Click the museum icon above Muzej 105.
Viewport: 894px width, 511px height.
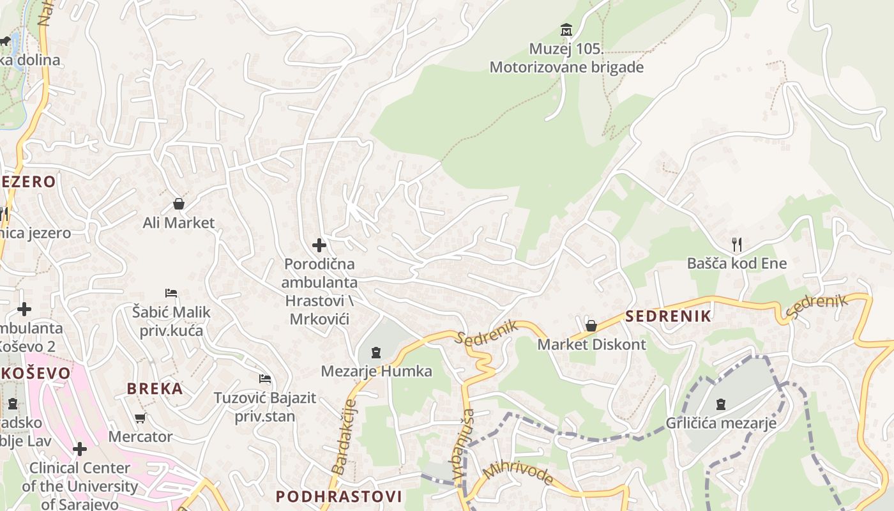click(x=566, y=29)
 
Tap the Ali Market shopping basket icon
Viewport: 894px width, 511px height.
click(x=179, y=204)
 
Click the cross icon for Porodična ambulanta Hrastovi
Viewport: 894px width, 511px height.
click(x=319, y=245)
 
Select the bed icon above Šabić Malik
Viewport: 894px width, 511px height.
click(x=170, y=293)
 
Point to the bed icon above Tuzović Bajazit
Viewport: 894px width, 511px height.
click(x=264, y=379)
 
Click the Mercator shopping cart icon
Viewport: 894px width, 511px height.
click(x=140, y=418)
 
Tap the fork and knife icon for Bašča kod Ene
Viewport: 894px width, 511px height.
click(x=737, y=244)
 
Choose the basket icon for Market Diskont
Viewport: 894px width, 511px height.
click(x=591, y=326)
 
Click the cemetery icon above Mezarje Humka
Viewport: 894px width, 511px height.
click(x=376, y=352)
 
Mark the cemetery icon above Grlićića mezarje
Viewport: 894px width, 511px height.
click(x=721, y=404)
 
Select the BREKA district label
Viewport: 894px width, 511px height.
click(x=155, y=388)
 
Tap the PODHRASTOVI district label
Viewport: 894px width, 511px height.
click(x=338, y=496)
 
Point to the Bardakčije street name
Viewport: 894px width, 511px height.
click(x=343, y=438)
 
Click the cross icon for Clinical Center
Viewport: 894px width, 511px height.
click(x=80, y=449)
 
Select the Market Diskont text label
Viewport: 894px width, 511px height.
click(x=591, y=345)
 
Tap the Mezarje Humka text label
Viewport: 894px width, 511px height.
click(x=376, y=371)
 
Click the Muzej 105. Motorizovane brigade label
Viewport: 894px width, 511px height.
click(x=566, y=57)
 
